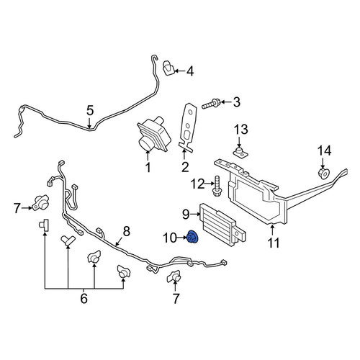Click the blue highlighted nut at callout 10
point(192,237)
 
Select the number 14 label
point(324,151)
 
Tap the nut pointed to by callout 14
point(323,174)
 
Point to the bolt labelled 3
point(210,104)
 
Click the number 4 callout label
point(190,71)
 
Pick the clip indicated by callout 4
point(169,68)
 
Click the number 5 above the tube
point(90,110)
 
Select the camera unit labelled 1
point(153,134)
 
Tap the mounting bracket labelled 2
point(189,127)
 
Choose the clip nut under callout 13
point(240,153)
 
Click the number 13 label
point(241,130)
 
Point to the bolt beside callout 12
point(217,186)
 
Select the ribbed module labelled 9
point(222,224)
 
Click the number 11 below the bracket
point(274,243)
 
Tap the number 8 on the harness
point(126,231)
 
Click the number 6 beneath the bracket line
point(84,298)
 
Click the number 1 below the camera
point(148,167)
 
